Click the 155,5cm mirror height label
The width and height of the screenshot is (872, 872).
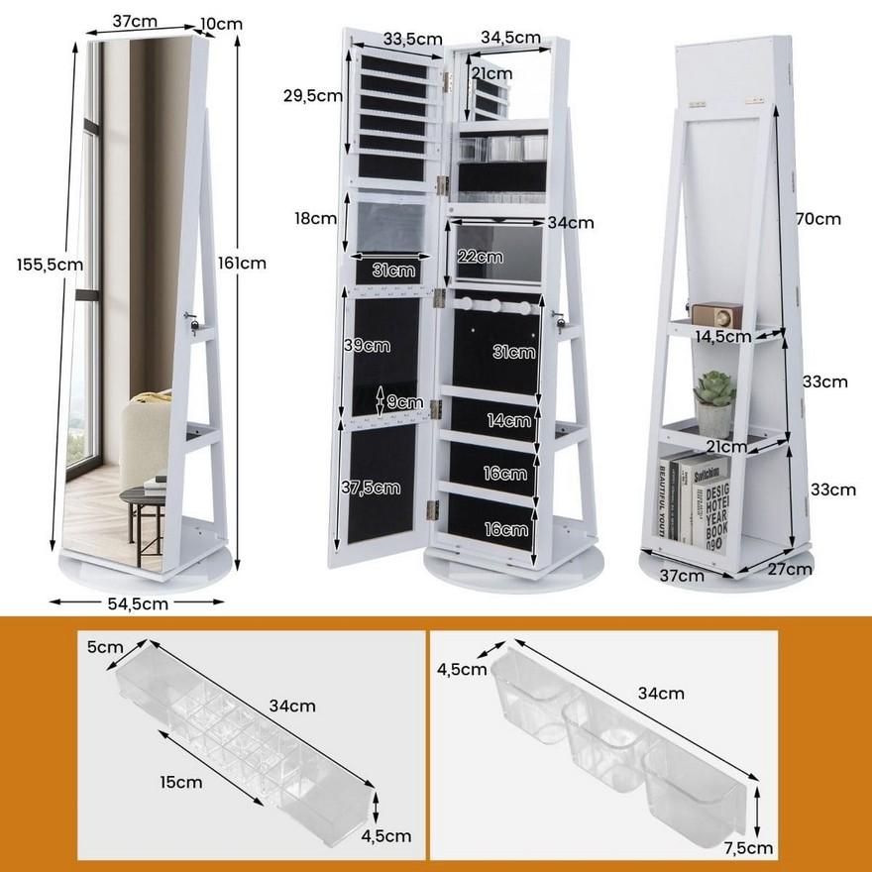point(49,264)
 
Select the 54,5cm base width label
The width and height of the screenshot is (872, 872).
point(137,601)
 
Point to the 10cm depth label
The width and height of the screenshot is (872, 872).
point(223,23)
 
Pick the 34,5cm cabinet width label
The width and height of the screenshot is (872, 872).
point(510,38)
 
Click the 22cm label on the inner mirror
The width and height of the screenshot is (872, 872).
point(480,257)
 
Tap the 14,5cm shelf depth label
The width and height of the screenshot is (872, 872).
point(722,336)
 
